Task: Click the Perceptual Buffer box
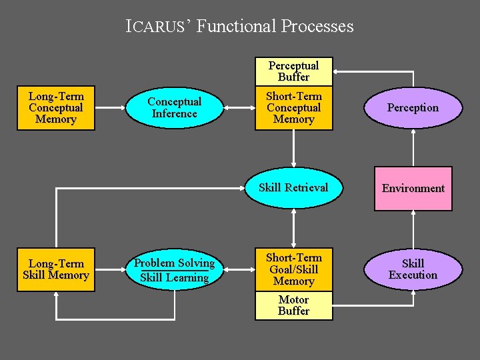click(293, 71)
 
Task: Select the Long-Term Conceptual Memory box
click(56, 107)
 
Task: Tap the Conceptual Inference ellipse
click(174, 107)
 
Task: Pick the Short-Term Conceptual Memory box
click(293, 108)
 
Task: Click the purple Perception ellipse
click(413, 108)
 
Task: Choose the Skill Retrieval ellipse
click(293, 187)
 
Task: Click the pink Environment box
click(413, 188)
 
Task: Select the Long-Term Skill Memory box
click(56, 269)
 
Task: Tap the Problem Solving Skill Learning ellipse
click(174, 270)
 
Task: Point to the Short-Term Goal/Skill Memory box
click(293, 269)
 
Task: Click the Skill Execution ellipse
click(413, 269)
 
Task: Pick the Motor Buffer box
click(293, 305)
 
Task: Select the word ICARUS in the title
click(159, 27)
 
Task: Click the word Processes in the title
click(317, 27)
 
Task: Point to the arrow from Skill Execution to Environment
click(413, 229)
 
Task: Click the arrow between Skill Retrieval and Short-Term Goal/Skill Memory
click(294, 229)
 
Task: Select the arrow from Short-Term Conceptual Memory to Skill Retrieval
click(294, 148)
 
